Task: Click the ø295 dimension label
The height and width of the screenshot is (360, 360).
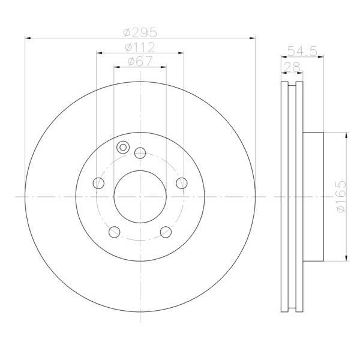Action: [x=140, y=32]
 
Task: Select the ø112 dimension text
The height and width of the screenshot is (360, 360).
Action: [x=140, y=47]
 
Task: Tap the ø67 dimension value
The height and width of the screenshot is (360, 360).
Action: [x=140, y=61]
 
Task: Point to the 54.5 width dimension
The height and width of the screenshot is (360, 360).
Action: [x=302, y=51]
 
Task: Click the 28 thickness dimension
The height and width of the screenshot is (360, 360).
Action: [x=292, y=67]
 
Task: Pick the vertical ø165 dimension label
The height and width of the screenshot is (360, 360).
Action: [x=340, y=197]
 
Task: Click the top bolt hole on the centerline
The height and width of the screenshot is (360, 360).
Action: [x=140, y=153]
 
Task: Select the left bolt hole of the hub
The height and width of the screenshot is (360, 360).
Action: [x=98, y=183]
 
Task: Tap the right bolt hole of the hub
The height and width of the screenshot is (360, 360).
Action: [x=182, y=183]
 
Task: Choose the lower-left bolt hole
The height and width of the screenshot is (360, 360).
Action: [x=115, y=232]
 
